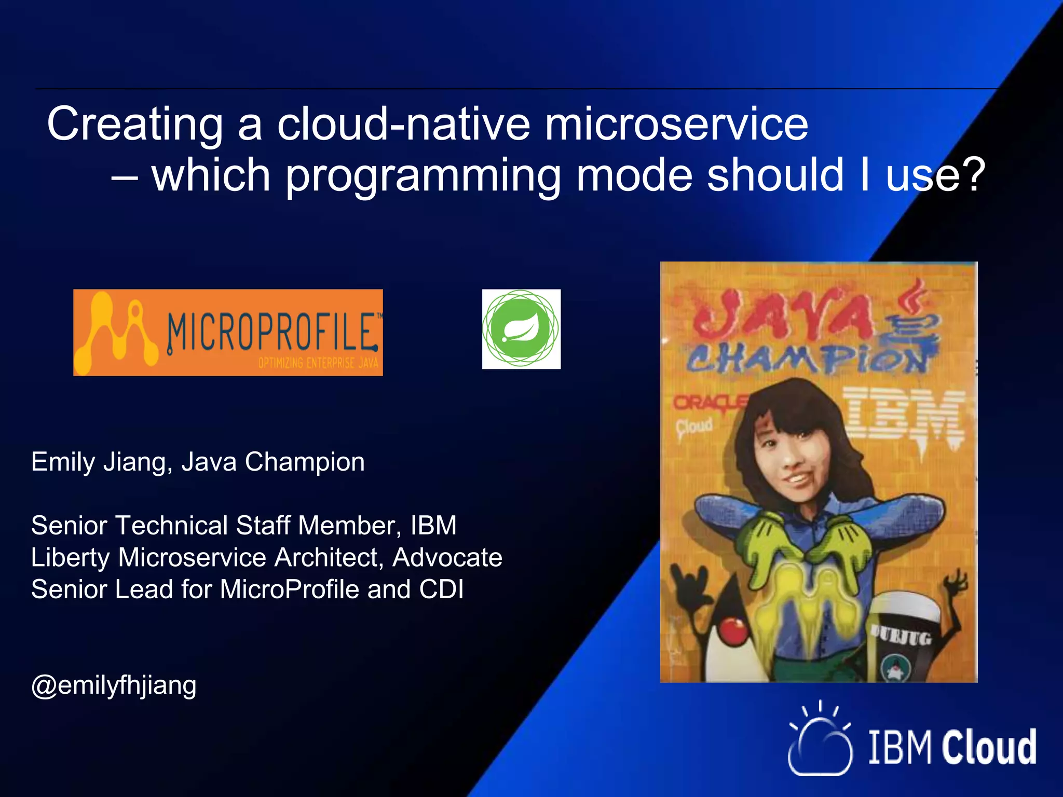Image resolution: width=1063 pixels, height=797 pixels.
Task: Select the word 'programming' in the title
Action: point(423,176)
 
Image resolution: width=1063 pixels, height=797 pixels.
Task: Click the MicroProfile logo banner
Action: point(228,333)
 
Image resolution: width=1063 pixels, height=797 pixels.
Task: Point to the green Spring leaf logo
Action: point(521,329)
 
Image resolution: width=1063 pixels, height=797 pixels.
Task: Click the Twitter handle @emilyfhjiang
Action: point(114,685)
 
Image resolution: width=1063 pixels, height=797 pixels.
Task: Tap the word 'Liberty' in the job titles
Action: point(71,558)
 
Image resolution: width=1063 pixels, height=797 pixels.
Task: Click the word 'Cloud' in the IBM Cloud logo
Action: point(989,747)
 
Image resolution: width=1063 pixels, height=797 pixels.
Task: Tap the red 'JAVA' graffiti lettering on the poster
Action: point(784,314)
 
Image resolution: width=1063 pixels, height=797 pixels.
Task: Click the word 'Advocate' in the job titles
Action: point(447,558)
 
